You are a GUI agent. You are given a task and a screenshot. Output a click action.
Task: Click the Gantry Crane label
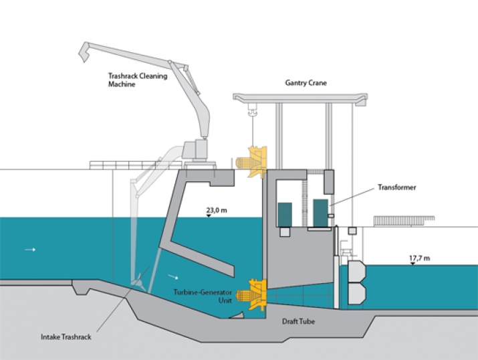(306, 83)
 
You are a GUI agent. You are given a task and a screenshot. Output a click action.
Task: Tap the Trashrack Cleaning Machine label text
(138, 80)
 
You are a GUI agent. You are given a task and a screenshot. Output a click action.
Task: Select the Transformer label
(397, 187)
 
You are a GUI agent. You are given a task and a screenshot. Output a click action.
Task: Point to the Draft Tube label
(298, 321)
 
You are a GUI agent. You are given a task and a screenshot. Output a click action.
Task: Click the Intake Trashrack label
(66, 337)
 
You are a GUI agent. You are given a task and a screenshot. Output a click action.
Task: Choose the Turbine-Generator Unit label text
(203, 296)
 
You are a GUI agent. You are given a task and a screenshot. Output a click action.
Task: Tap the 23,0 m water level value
(217, 210)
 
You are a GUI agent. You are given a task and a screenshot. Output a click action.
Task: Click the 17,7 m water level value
(419, 258)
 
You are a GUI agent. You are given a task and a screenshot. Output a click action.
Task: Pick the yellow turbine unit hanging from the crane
(251, 162)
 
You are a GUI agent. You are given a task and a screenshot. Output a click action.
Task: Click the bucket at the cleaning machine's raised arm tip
(84, 52)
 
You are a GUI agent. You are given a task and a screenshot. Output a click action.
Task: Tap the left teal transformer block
(285, 215)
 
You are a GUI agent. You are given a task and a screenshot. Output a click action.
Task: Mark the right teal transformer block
(320, 213)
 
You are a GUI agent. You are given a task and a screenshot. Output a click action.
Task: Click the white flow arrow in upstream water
(30, 250)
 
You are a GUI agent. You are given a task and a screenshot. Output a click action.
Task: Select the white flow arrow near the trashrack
(173, 277)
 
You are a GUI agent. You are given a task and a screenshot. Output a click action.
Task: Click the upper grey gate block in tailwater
(357, 271)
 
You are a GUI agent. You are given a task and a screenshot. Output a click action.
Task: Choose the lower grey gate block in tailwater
(357, 294)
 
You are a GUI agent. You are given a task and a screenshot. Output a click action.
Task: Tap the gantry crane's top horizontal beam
(300, 98)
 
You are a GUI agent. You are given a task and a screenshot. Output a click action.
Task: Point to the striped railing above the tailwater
(404, 221)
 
